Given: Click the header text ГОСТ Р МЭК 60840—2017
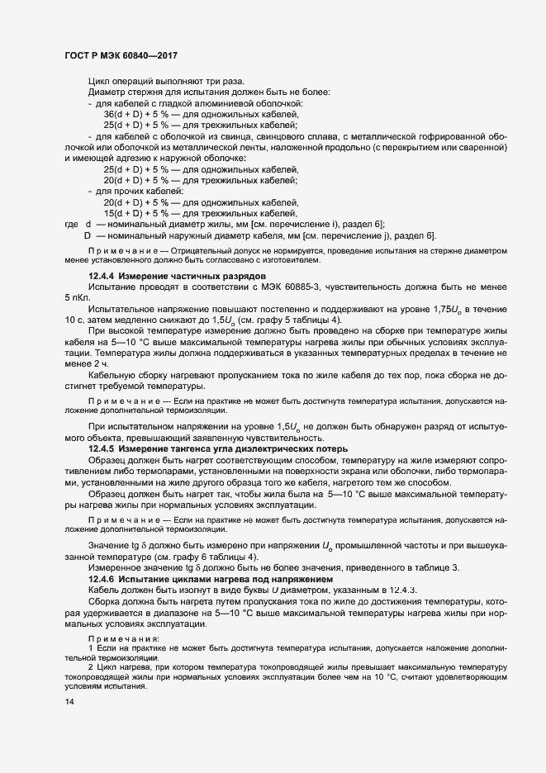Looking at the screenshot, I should coord(121,55).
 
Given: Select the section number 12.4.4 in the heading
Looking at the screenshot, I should coord(102,276).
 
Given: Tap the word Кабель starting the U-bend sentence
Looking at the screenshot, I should coord(105,590).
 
